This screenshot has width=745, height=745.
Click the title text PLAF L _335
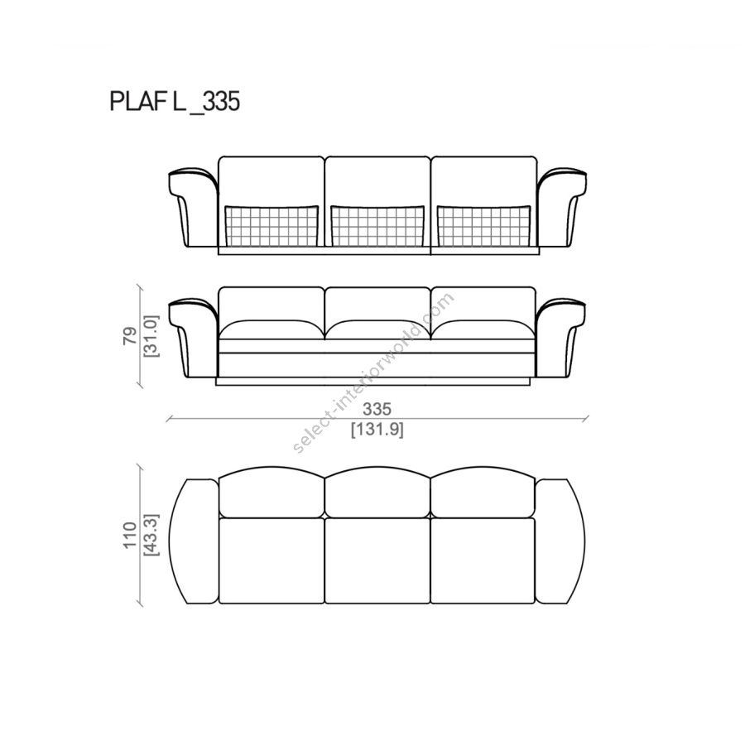click(175, 101)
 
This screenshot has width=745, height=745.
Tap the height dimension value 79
click(130, 335)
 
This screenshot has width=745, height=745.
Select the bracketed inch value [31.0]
click(151, 336)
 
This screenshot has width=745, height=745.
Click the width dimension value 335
click(377, 409)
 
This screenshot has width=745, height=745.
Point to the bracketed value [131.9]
click(377, 430)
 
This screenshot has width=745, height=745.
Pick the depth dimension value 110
click(130, 535)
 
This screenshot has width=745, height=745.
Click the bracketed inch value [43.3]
click(151, 535)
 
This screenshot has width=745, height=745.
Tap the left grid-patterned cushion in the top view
click(272, 226)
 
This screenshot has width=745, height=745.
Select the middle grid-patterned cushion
click(377, 226)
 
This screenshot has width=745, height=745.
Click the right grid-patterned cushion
click(483, 226)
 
